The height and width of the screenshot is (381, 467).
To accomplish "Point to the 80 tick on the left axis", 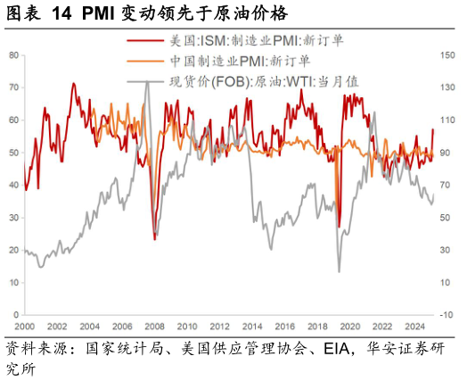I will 14,55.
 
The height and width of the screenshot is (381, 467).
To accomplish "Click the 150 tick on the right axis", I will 447,55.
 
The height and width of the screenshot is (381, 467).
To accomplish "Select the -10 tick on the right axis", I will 447,315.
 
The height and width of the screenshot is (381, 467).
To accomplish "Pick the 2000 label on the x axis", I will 24,327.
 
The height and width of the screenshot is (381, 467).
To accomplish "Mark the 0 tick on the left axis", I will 17,315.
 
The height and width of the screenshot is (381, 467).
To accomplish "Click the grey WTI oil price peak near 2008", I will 147,81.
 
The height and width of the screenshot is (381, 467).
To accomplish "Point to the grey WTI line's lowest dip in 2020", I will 339,271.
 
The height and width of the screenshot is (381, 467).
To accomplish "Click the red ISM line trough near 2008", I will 154,238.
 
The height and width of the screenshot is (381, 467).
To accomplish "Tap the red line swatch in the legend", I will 146,40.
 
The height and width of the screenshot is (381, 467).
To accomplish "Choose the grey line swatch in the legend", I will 146,82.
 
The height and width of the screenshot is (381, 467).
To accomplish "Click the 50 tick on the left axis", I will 14,153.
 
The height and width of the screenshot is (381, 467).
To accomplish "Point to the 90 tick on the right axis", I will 447,153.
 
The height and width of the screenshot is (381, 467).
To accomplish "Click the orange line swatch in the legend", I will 146,61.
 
